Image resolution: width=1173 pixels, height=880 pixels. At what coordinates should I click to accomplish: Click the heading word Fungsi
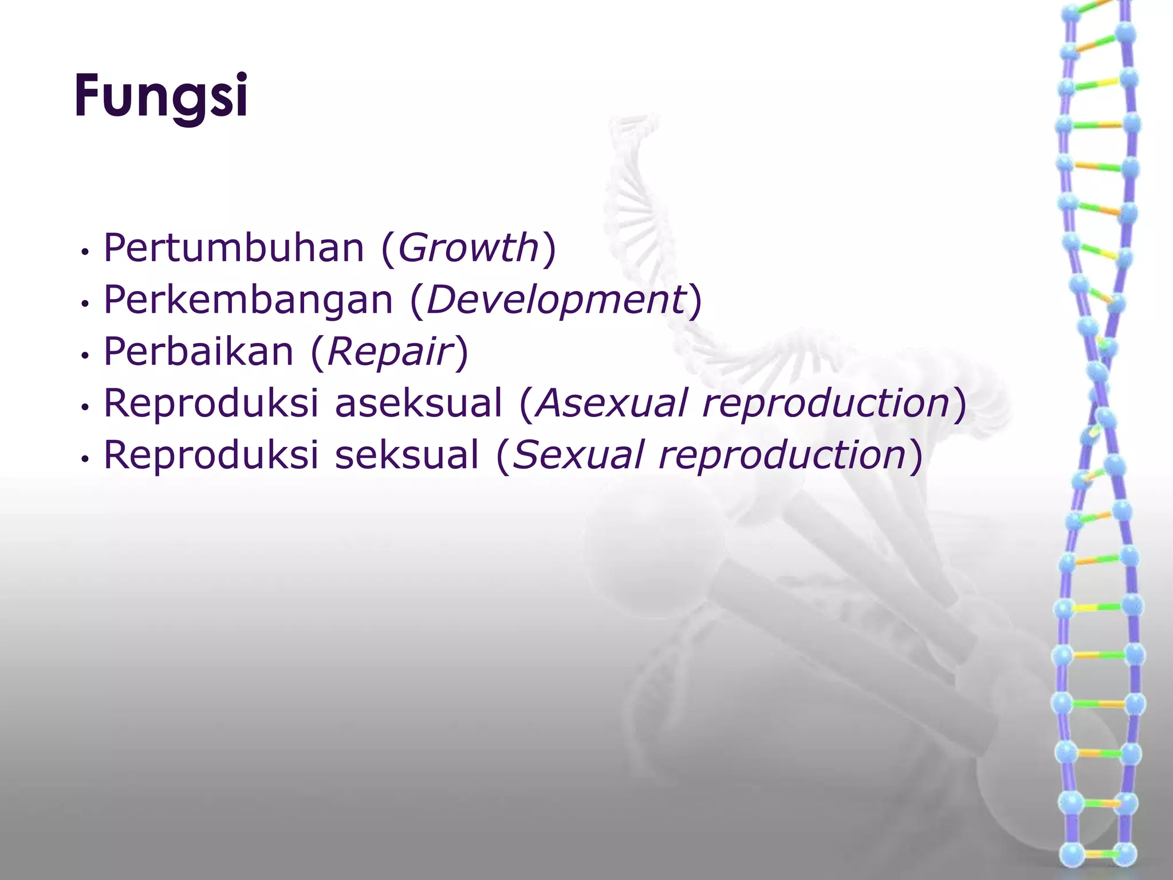pos(161,96)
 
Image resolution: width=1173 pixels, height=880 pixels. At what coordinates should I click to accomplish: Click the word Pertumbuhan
pos(234,249)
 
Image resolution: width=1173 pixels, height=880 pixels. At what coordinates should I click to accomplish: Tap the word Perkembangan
pos(248,300)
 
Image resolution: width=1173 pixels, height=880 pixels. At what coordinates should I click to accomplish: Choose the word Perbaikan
pos(198,352)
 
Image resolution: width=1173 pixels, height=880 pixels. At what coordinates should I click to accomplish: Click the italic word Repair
pos(390,352)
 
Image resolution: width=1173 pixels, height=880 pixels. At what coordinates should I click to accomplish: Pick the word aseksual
pos(418,403)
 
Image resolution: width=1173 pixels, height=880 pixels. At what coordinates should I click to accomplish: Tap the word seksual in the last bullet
pos(407,455)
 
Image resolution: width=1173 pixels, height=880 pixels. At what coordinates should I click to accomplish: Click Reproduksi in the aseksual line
pos(211,403)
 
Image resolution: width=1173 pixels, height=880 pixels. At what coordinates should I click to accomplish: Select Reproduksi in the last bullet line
pos(211,455)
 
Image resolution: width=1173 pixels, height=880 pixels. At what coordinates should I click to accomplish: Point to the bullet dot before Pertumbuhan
pos(85,252)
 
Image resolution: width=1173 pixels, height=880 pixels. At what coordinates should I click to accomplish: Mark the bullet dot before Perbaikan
pos(85,356)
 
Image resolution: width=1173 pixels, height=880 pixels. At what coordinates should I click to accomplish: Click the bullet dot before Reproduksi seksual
pos(85,459)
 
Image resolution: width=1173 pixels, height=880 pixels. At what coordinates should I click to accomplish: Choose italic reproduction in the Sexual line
pos(782,455)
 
